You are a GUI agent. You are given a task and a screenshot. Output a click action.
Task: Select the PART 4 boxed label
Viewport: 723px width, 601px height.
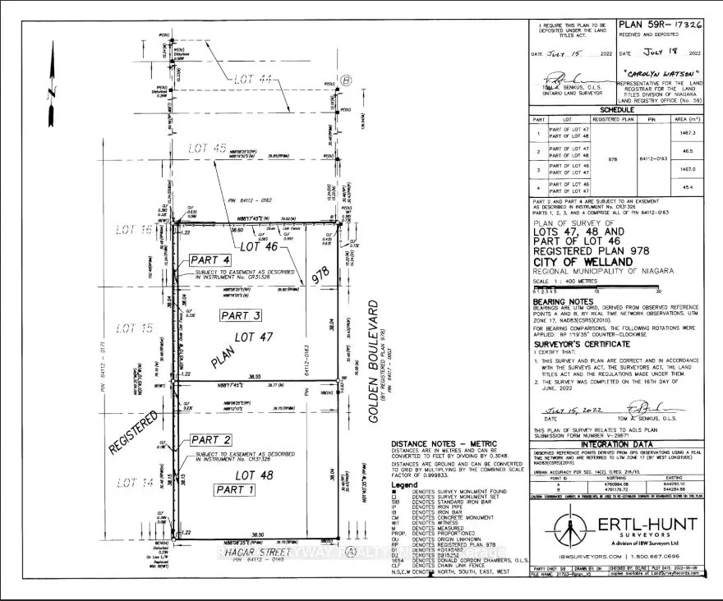click(x=213, y=259)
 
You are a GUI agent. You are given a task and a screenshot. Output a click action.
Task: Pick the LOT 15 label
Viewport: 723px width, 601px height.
click(x=136, y=328)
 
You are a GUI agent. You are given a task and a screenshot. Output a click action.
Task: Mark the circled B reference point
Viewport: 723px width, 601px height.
click(x=346, y=80)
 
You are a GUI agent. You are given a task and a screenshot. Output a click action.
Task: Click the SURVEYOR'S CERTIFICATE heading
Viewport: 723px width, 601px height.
click(x=583, y=345)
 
